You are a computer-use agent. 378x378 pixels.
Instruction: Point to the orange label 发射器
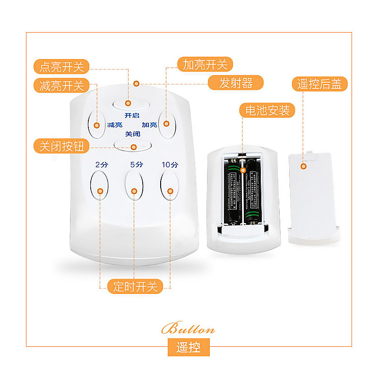(x=236, y=84)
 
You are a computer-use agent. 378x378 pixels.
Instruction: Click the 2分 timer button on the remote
(x=100, y=185)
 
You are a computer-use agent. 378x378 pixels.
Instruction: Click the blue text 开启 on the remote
(x=132, y=115)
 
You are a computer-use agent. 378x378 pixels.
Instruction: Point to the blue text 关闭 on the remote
(x=132, y=134)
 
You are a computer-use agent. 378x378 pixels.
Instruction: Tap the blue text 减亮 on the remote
(x=115, y=125)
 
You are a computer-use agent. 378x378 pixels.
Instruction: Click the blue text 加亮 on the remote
(x=149, y=125)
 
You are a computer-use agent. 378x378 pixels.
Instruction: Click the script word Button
(x=188, y=329)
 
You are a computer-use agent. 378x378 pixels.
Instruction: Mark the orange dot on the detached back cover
(x=304, y=166)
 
